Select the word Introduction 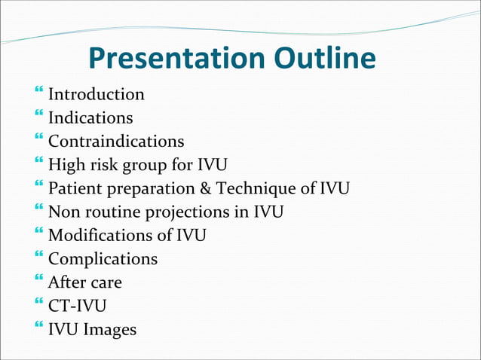(97, 95)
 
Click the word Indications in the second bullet (90, 118)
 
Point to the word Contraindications (116, 142)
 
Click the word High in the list (66, 165)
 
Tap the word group (138, 166)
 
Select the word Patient (75, 189)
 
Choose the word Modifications (100, 236)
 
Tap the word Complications (103, 260)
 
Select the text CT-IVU (78, 307)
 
